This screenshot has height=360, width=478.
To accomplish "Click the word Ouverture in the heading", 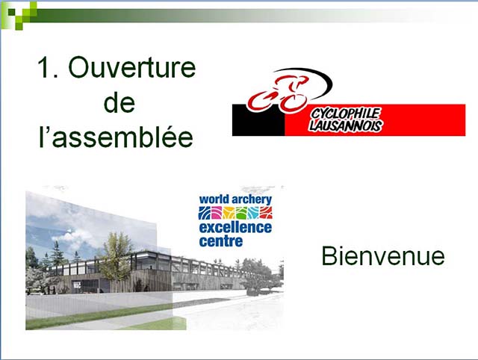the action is pos(131,67).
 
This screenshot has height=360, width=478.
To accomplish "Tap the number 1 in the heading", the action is pos(44,67).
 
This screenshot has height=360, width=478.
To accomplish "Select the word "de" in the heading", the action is pos(119,102).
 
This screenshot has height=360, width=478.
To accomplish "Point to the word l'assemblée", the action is pos(117,137).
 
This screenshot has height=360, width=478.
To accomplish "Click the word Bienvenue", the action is pos(383,256).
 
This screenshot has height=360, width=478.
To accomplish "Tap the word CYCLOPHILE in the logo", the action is pos(346,114).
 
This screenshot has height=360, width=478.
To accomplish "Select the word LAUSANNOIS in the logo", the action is pos(345,125).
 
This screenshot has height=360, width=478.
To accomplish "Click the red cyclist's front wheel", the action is pos(294,102).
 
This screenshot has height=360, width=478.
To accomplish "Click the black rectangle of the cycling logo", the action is pos(258,120).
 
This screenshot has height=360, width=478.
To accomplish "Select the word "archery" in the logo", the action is pos(252,200).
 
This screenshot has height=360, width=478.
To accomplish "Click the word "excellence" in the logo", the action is pos(235,228).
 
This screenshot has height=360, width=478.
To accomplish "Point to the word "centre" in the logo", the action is pos(221,241).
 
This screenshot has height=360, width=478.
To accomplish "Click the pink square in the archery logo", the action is pos(217,213).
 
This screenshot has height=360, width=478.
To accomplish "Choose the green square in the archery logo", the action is pos(241,213).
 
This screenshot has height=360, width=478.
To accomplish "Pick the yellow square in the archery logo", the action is pos(229,213).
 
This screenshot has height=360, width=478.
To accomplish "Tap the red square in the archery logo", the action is pos(266,213).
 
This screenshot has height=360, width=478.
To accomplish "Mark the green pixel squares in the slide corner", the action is pos(19,15).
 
